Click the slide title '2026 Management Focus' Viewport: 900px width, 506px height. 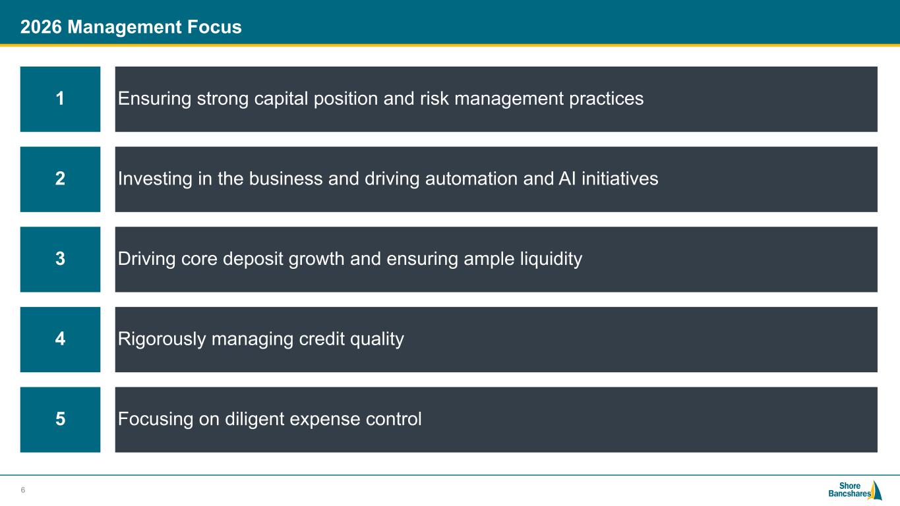tap(131, 27)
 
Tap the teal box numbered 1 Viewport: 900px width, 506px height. tap(60, 99)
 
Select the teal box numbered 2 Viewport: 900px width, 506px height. tap(60, 179)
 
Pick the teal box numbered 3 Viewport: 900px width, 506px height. tap(60, 260)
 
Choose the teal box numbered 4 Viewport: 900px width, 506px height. tap(60, 339)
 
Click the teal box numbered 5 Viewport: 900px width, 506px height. tap(60, 420)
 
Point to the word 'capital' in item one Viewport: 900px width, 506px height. tap(281, 99)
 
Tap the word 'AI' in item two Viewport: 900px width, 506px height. tap(567, 179)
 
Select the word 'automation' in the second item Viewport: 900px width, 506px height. tap(471, 179)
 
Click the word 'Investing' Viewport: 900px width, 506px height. tap(155, 179)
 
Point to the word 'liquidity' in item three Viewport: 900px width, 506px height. tap(551, 260)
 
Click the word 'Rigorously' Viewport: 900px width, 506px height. tap(162, 339)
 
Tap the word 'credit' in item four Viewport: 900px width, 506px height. tap(322, 339)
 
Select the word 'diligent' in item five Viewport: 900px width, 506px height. tap(255, 420)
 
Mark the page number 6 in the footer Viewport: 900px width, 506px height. tap(23, 490)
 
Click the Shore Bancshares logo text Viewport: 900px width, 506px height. tap(849, 490)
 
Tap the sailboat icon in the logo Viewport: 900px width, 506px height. tap(876, 490)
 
